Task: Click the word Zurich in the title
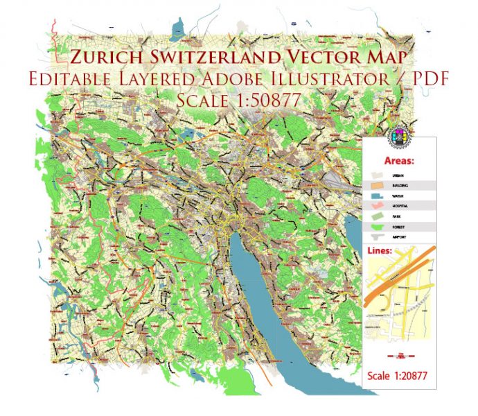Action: tap(103, 56)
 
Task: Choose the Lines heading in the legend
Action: tap(380, 250)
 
